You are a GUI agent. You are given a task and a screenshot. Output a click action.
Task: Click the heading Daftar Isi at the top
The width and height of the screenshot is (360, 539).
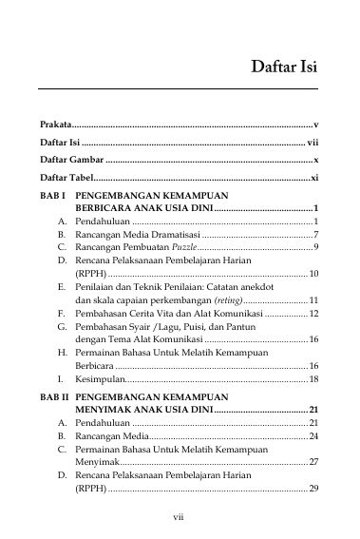coord(284,67)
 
